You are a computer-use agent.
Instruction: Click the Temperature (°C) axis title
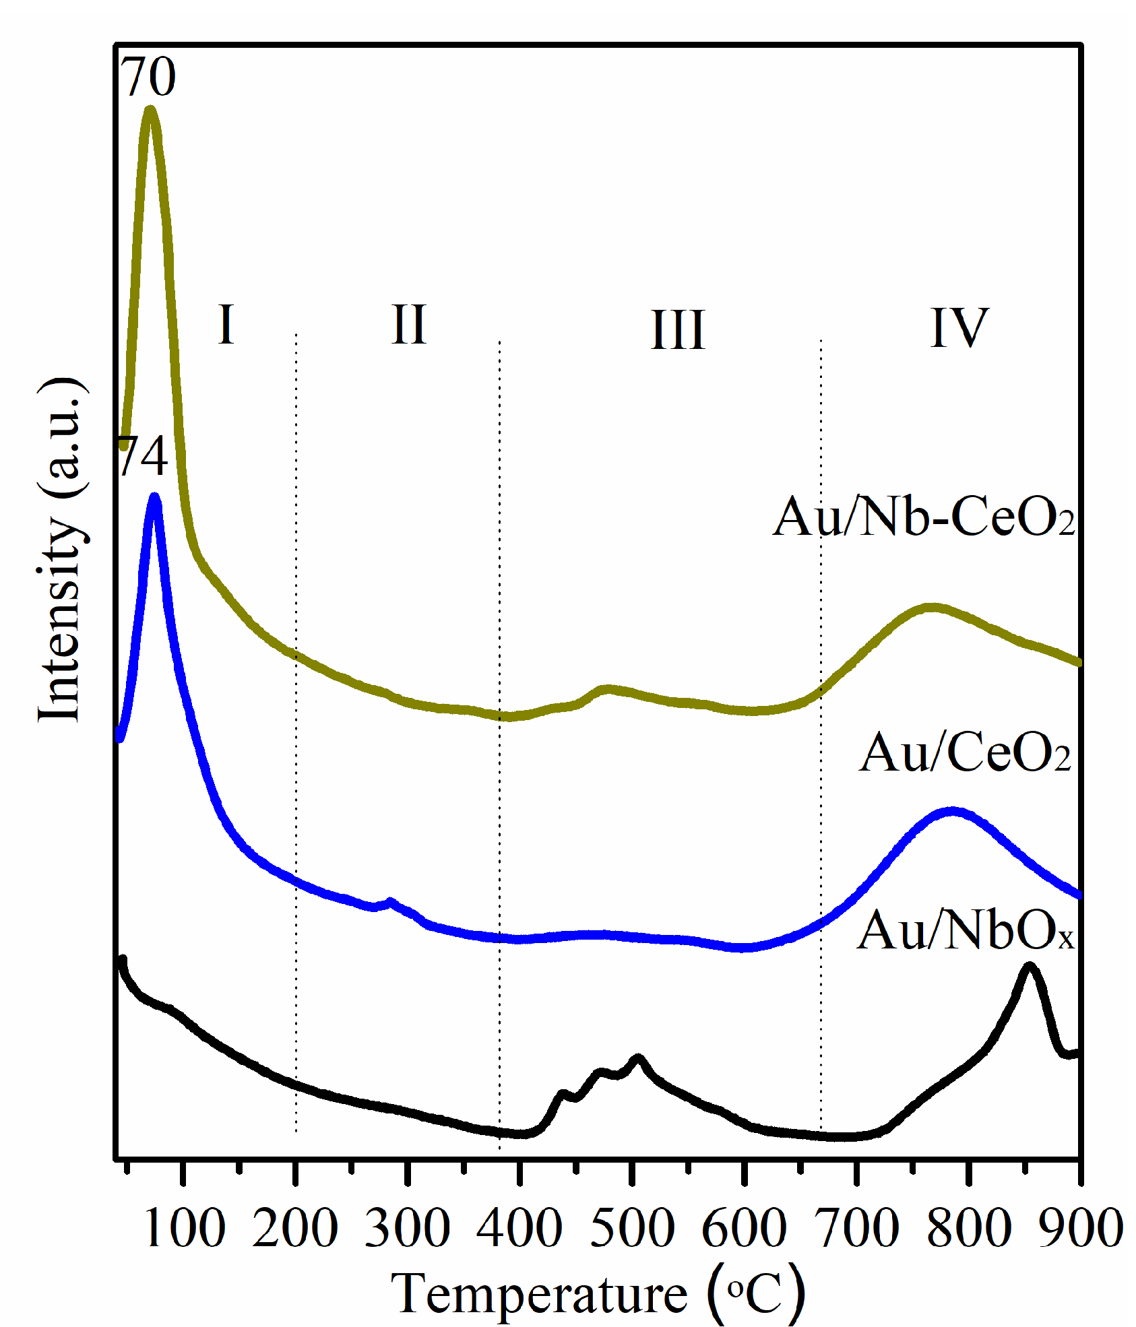[x=598, y=1295]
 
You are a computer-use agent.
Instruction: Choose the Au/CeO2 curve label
[x=965, y=752]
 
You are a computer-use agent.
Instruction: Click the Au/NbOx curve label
[x=965, y=931]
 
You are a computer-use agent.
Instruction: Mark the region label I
[x=226, y=325]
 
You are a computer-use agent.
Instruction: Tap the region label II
[x=409, y=325]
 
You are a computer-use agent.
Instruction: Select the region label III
[x=678, y=330]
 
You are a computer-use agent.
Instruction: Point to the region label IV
[x=959, y=328]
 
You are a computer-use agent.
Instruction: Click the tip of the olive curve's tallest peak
[x=150, y=109]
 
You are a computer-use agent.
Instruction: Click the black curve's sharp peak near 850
[x=1029, y=967]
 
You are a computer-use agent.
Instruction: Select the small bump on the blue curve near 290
[x=391, y=901]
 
